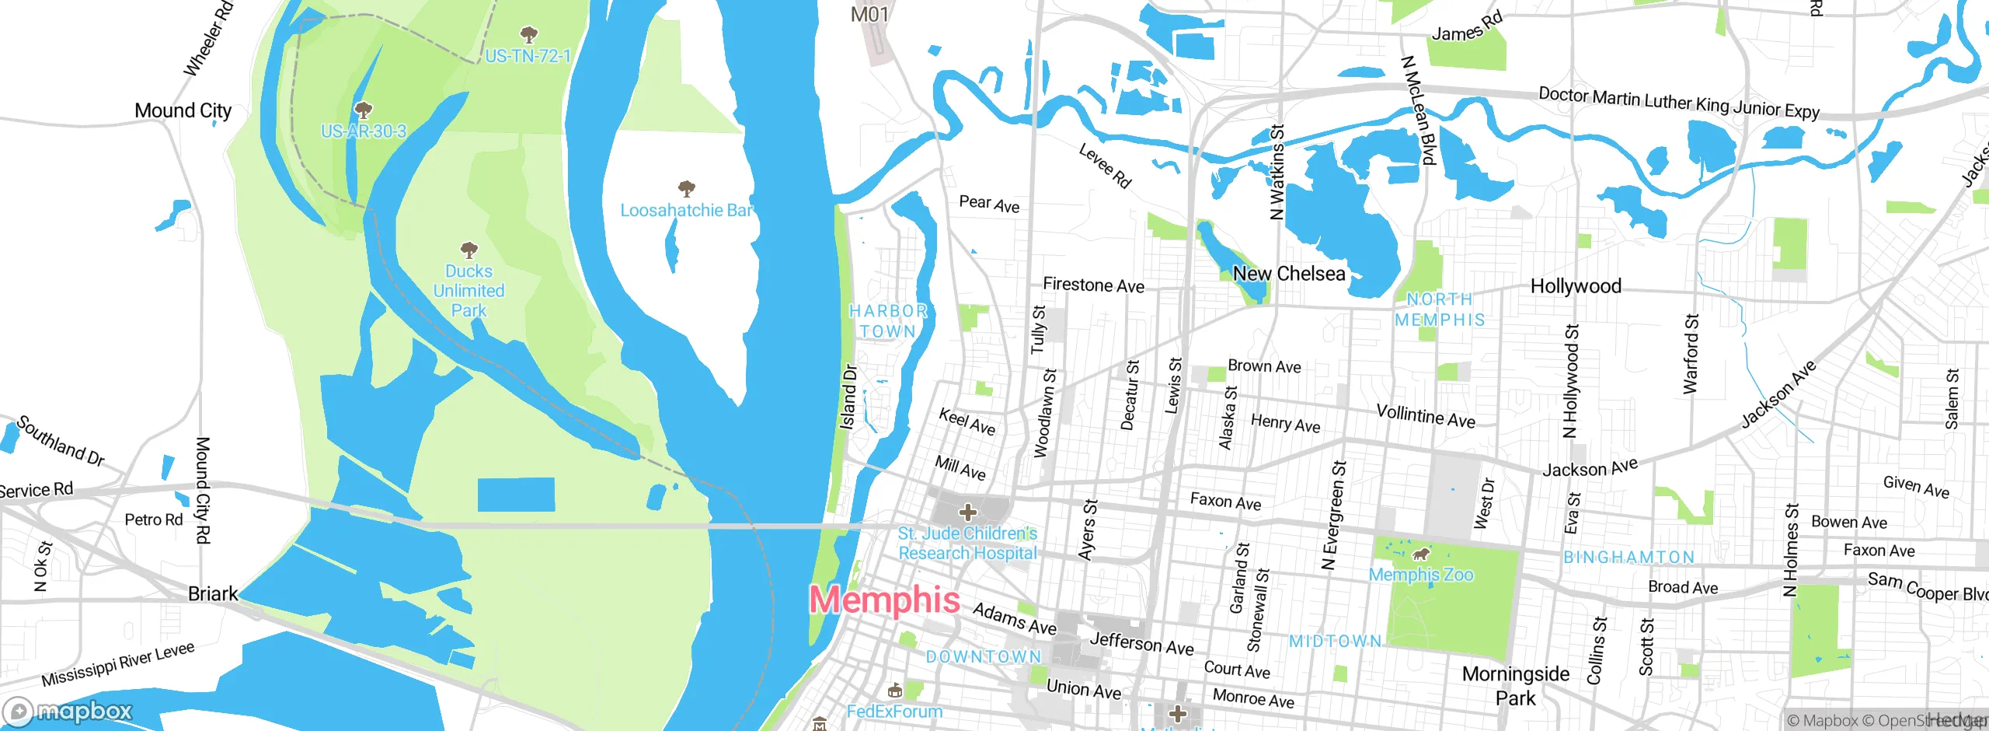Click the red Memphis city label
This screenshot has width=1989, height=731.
884,600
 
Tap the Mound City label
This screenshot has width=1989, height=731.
183,110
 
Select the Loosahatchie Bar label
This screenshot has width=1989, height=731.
686,210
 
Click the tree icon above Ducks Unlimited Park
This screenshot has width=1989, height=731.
469,250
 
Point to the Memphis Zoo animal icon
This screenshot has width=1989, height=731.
1421,554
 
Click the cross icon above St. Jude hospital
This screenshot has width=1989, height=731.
967,512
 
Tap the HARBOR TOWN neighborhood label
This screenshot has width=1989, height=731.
888,320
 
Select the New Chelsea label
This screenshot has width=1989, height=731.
1289,274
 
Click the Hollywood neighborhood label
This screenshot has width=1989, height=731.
1576,286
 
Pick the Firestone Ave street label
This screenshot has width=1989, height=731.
1093,285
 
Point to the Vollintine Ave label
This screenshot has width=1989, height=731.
1425,416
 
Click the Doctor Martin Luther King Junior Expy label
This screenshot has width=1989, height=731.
1678,103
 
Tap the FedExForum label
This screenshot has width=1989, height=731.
894,712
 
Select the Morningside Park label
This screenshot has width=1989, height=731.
1516,685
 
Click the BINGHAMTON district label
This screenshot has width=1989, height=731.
1628,558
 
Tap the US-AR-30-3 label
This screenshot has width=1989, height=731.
364,131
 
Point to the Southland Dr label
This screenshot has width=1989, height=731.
61,440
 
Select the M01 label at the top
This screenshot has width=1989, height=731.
869,14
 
